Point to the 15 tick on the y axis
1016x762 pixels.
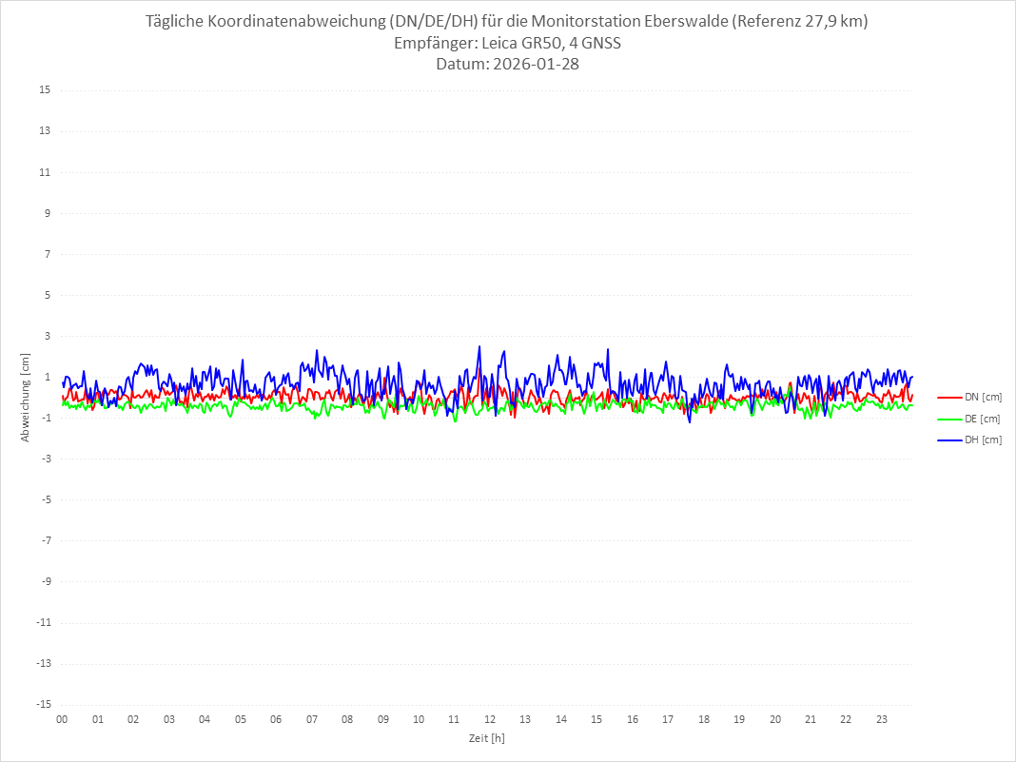pos(45,90)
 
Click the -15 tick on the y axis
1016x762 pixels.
pos(43,704)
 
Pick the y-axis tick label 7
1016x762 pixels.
pos(47,254)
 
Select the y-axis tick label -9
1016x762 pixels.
pos(45,581)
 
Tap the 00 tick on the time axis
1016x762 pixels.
pos(62,720)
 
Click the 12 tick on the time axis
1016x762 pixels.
pos(490,720)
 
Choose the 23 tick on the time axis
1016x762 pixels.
pos(882,720)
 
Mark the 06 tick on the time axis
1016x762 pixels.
pos(276,720)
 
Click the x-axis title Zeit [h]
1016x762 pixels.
pos(487,738)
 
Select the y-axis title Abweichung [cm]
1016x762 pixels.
pos(26,398)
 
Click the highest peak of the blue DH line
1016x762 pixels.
pos(479,346)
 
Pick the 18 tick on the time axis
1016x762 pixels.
pos(704,720)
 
